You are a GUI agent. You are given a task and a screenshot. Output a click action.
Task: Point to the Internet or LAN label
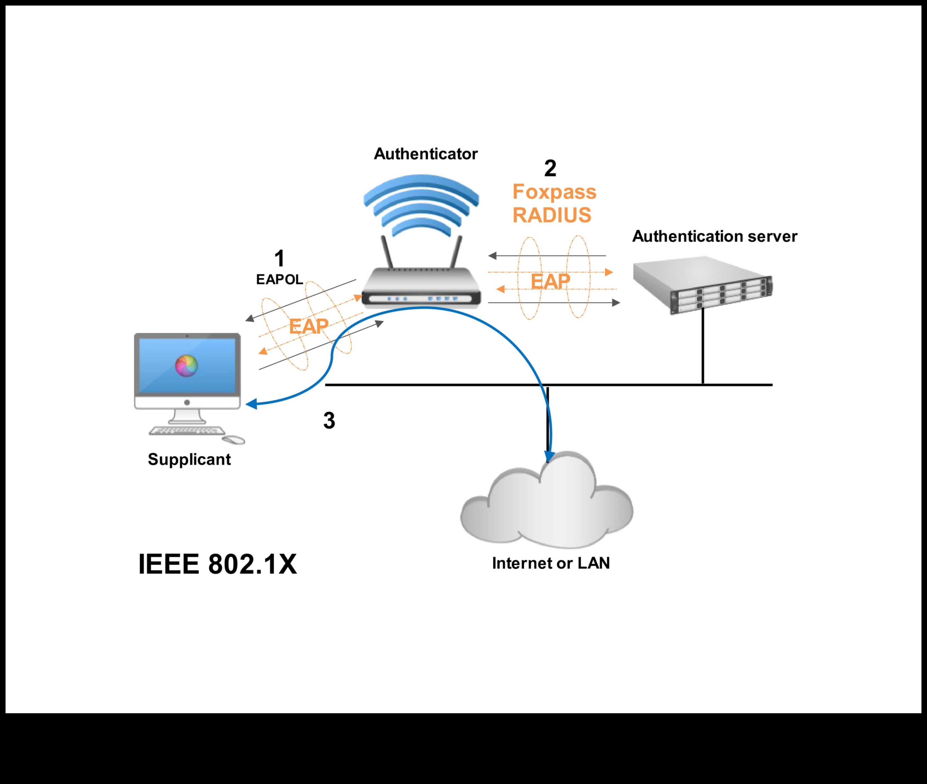pos(551,563)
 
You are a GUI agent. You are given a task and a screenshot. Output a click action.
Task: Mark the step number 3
pos(329,420)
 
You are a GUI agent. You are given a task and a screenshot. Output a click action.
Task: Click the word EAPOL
pos(279,279)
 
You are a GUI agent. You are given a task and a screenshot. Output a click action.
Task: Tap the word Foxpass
pos(554,192)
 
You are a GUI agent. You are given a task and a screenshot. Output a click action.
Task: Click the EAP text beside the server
pos(550,281)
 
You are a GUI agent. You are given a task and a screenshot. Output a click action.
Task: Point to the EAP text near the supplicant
pos(308,327)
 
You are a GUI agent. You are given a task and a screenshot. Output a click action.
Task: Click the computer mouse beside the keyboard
pos(233,440)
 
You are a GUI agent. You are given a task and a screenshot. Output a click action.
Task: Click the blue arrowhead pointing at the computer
pos(251,404)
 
